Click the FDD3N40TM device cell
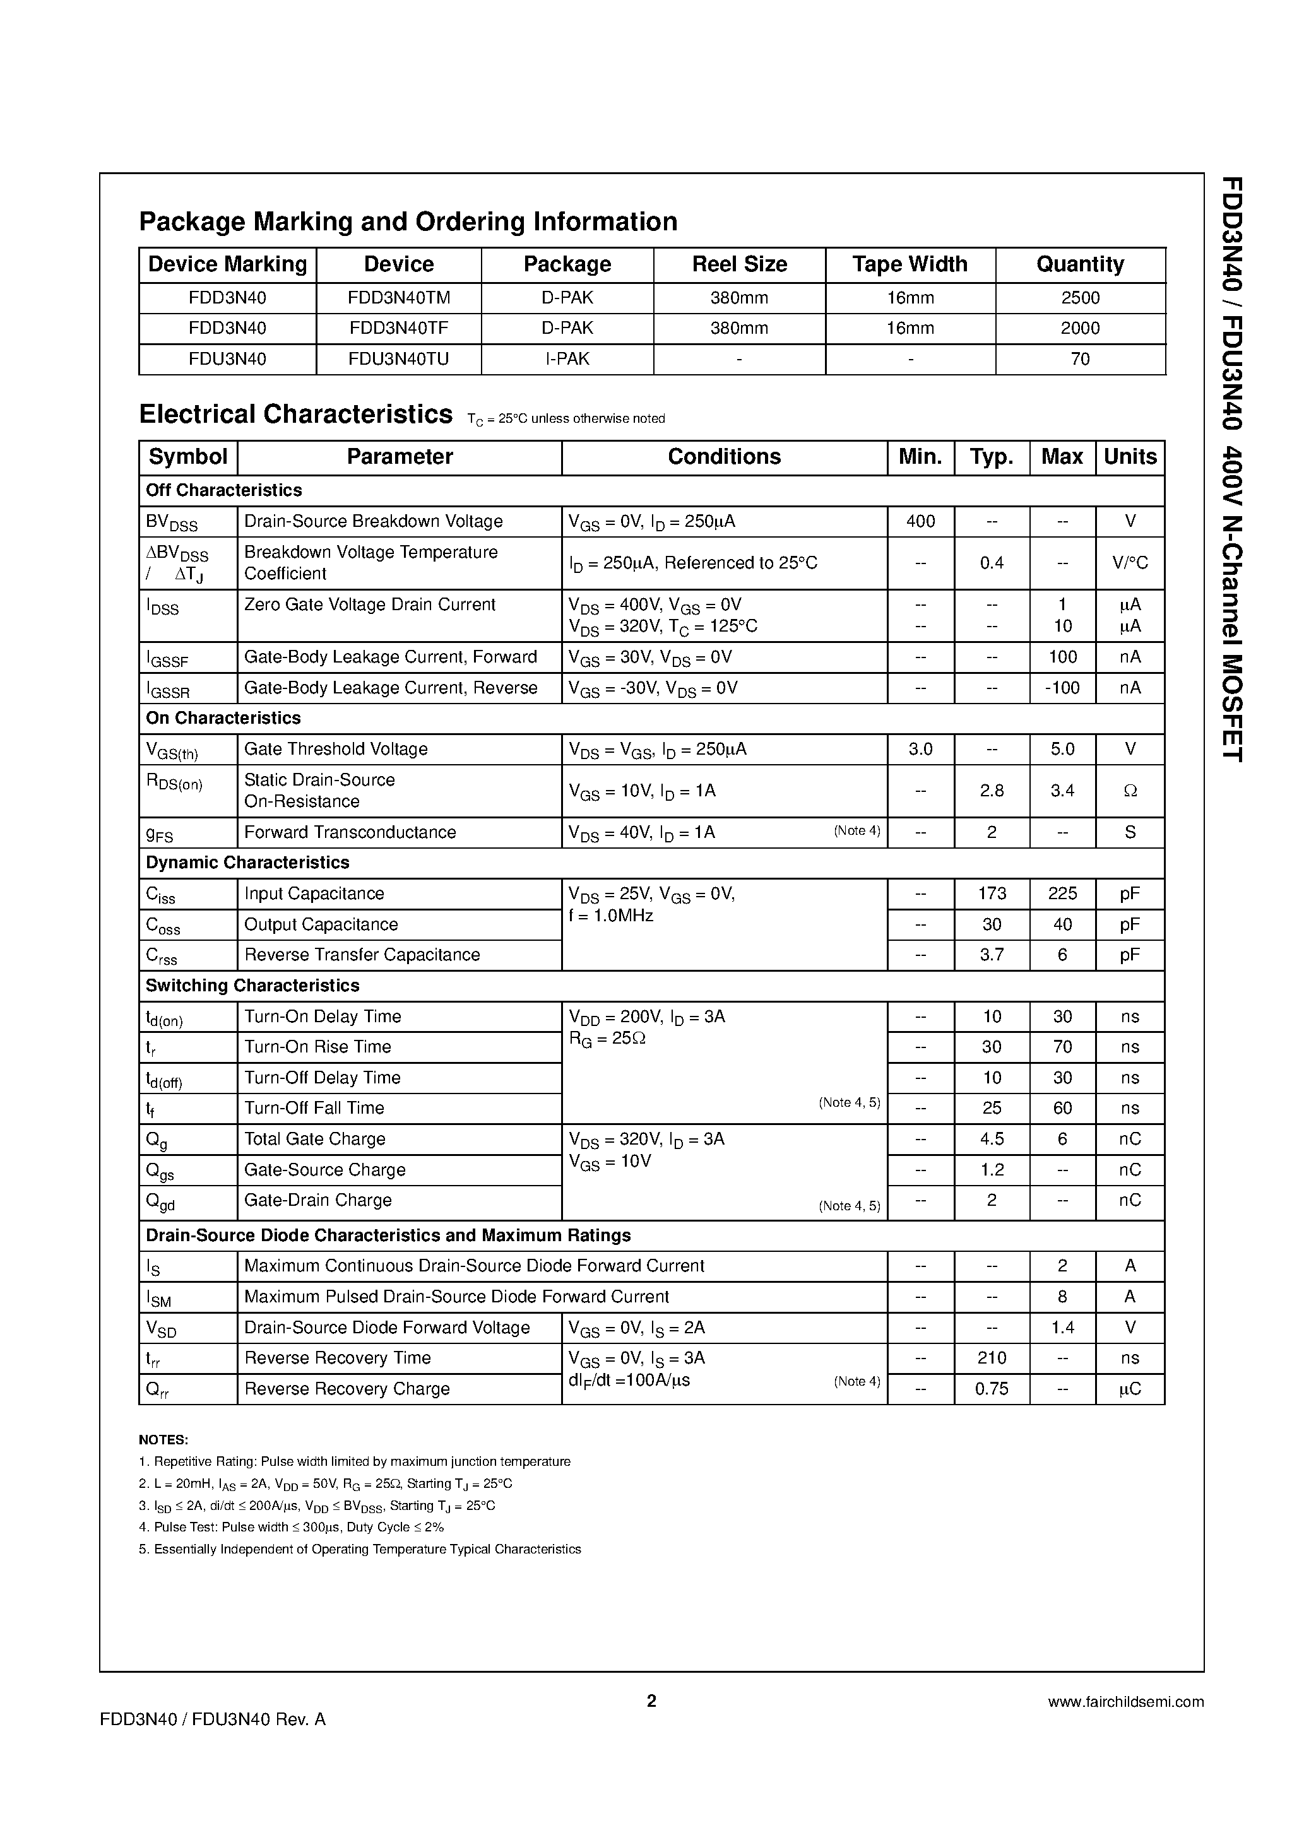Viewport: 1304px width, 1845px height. (x=399, y=298)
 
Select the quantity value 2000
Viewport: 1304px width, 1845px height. (x=1080, y=329)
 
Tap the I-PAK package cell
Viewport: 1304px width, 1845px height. (x=567, y=359)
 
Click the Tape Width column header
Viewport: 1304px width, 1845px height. (x=910, y=264)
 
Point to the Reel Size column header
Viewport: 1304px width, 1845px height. (x=739, y=264)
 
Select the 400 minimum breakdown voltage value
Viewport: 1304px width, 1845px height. (x=920, y=522)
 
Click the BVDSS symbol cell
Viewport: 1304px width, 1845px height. (x=171, y=522)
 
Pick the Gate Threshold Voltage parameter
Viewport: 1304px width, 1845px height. (x=335, y=749)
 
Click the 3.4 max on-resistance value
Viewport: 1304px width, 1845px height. (x=1062, y=791)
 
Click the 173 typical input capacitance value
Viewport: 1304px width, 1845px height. (x=992, y=893)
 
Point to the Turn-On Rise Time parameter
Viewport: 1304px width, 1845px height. (x=317, y=1047)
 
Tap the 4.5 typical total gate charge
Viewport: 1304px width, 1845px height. (x=992, y=1140)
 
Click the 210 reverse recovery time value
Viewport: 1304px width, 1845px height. (x=992, y=1358)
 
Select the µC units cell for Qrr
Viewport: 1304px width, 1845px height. (x=1130, y=1389)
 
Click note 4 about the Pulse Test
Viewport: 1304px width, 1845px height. (x=291, y=1527)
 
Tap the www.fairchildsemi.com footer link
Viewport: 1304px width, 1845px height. (x=1125, y=1701)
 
